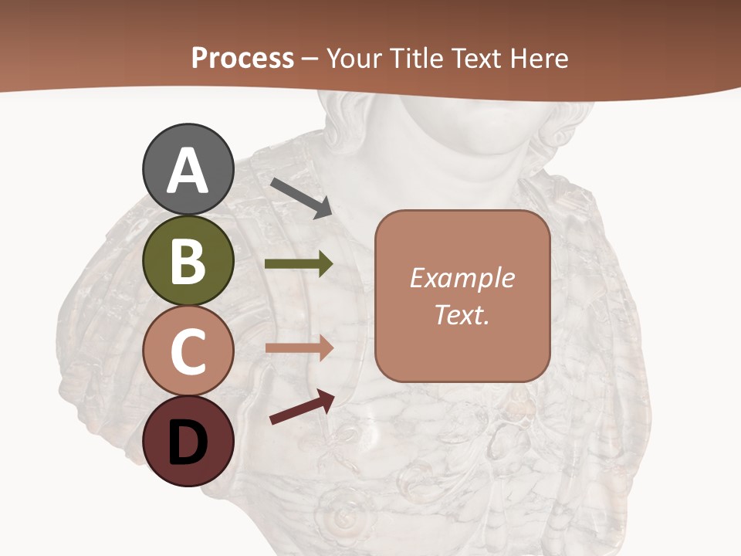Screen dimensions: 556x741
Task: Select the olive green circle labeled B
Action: [x=188, y=260]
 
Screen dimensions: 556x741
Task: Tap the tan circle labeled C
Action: [x=188, y=351]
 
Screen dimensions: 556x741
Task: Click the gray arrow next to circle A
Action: [x=301, y=198]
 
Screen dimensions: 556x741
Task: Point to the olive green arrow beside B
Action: [x=299, y=264]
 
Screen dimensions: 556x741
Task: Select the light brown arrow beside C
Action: [x=299, y=347]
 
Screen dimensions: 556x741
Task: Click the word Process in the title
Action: [x=242, y=59]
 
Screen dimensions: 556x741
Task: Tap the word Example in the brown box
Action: [x=462, y=278]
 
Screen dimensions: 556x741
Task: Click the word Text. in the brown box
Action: [x=462, y=314]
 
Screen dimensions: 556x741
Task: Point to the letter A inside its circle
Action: [x=188, y=171]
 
